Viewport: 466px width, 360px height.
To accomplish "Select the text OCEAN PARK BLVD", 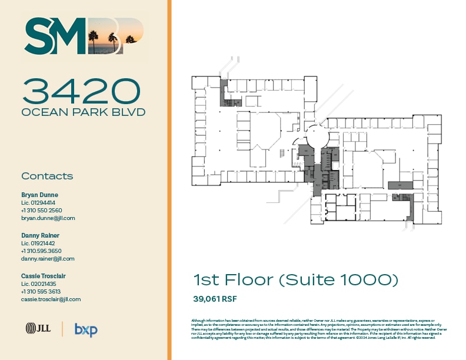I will point(83,112).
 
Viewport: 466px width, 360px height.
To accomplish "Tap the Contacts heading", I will point(47,176).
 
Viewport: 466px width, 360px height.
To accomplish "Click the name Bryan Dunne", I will point(39,195).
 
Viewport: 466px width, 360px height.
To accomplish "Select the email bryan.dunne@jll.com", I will point(48,218).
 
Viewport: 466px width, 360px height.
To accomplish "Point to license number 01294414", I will point(38,202).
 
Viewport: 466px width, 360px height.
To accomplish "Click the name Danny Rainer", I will point(40,235).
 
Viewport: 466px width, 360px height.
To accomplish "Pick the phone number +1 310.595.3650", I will point(41,251).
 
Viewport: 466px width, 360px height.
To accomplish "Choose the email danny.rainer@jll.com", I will point(48,259).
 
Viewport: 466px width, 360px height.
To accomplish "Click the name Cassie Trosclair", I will point(44,276).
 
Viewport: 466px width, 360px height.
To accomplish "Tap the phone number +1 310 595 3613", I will point(41,291).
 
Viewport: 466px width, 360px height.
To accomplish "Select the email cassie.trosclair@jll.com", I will point(51,299).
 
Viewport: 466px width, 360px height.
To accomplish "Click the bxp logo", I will point(86,329).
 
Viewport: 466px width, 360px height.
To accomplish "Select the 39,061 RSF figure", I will point(215,299).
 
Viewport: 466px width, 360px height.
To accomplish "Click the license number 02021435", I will point(38,284).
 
